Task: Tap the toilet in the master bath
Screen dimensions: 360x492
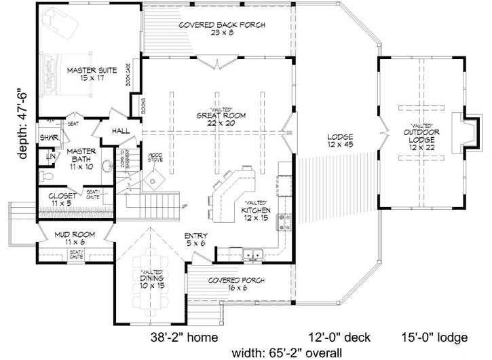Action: pos(45,177)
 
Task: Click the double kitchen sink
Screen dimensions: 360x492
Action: pos(252,256)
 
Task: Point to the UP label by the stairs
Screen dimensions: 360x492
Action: pos(183,206)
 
